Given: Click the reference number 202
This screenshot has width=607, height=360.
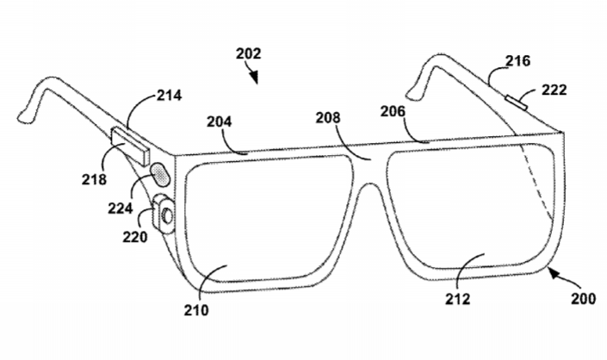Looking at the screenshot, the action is [249, 53].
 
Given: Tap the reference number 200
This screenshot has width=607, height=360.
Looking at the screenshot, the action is [584, 299].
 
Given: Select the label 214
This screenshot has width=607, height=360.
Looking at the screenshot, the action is [169, 96].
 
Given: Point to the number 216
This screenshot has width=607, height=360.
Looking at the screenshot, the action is [517, 61].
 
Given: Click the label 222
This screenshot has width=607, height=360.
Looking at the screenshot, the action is [554, 90].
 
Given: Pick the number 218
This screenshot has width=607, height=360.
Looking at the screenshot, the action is [94, 179].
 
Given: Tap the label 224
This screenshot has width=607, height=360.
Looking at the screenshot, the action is [121, 208].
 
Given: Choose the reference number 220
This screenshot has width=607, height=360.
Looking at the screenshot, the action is [135, 237].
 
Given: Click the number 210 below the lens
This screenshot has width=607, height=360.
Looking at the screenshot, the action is [196, 310].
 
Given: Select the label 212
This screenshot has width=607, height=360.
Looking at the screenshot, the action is [457, 299].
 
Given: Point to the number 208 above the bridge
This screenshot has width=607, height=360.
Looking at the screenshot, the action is [328, 118].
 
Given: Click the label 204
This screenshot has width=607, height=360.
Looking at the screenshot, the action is [219, 121].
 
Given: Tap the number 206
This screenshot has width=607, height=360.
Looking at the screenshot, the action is [393, 111].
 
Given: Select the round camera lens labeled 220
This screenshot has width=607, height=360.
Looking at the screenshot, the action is [167, 215].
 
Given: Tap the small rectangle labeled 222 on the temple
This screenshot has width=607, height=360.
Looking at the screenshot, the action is [516, 102].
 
